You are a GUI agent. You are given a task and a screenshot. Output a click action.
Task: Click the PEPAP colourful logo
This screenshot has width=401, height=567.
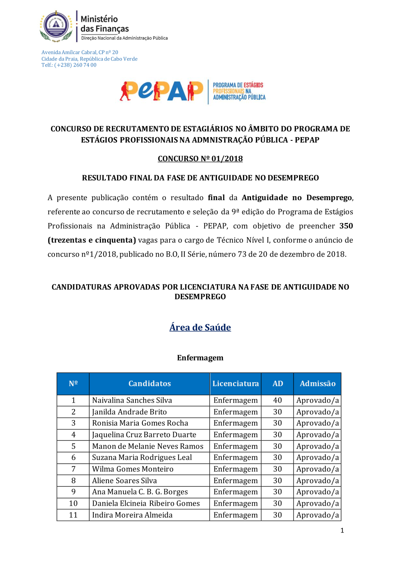162,91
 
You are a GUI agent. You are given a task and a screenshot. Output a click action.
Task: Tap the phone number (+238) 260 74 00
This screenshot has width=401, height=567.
75,65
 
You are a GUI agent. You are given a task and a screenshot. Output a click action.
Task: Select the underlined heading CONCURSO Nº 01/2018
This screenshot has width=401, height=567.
200,159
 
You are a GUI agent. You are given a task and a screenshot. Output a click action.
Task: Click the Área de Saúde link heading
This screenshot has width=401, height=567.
200,327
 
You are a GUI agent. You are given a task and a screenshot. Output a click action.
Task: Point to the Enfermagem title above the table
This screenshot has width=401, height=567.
200,358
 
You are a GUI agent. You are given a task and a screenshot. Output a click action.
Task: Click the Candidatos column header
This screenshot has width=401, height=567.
150,384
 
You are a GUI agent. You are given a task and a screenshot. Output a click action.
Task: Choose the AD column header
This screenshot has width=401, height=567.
277,384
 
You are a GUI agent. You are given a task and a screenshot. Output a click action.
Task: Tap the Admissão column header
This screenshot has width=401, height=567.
318,384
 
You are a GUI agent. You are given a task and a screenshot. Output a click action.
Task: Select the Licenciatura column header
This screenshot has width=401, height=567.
235,384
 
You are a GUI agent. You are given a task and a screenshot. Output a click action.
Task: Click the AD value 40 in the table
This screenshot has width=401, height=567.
277,400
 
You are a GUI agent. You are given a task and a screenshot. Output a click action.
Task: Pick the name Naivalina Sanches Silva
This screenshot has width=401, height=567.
132,400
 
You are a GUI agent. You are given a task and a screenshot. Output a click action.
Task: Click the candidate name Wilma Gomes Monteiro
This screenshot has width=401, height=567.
133,469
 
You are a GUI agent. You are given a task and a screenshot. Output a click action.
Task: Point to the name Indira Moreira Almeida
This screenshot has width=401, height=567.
132,515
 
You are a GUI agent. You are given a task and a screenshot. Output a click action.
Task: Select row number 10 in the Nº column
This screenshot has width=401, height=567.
73,504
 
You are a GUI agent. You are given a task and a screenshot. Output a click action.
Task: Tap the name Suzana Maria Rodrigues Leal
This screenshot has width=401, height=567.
142,458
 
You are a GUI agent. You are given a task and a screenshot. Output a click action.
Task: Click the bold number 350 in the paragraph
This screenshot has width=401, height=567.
346,226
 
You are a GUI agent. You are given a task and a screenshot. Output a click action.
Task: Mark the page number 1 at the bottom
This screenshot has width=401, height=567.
342,531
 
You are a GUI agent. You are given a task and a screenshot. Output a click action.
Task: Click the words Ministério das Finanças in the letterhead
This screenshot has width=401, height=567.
104,24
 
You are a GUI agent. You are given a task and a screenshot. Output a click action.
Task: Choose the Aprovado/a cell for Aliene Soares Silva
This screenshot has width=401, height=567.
318,481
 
